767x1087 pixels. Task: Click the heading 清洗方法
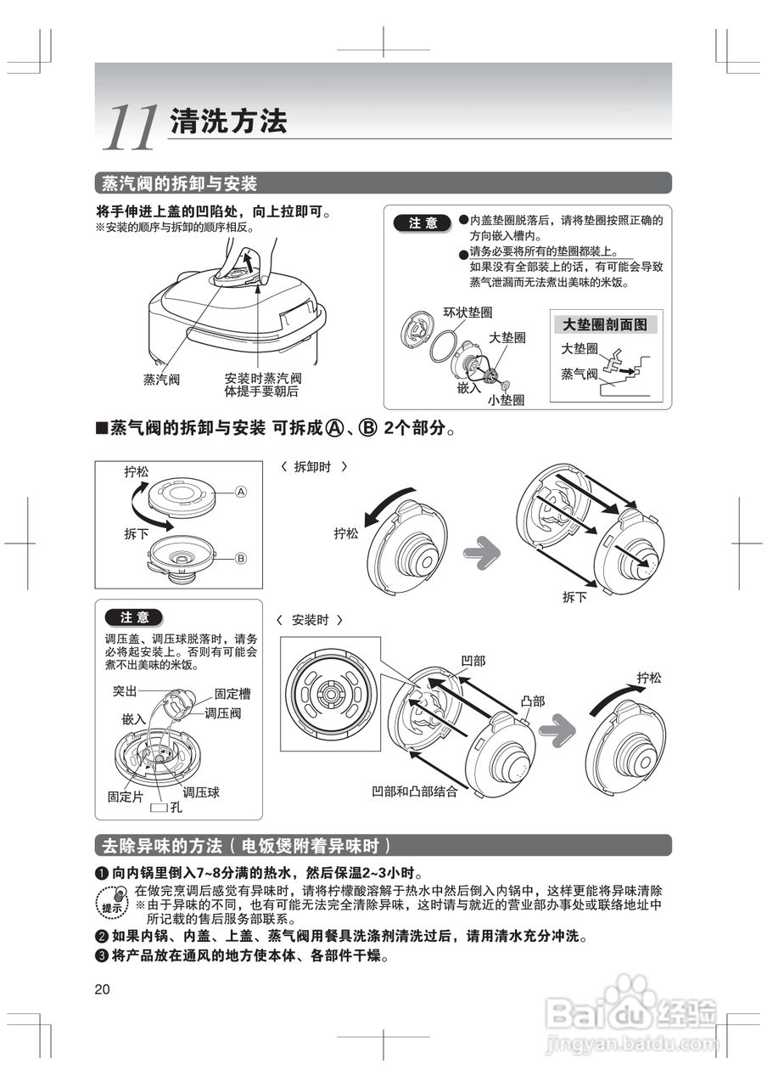tap(228, 121)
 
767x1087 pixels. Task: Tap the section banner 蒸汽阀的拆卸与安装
tap(178, 183)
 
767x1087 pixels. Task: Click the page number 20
tap(103, 989)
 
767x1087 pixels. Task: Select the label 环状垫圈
tap(467, 313)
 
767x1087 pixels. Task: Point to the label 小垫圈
tap(506, 398)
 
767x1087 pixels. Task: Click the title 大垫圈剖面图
tap(605, 324)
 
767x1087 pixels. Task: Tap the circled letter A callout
tap(240, 492)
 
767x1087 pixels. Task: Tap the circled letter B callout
tap(240, 558)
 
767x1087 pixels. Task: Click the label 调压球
tap(201, 792)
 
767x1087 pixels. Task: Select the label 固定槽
tap(232, 693)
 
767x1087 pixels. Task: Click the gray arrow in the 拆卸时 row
tap(481, 553)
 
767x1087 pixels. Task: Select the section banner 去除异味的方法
tap(245, 846)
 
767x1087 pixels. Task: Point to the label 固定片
tap(124, 797)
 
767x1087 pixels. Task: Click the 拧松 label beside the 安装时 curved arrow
tap(649, 678)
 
